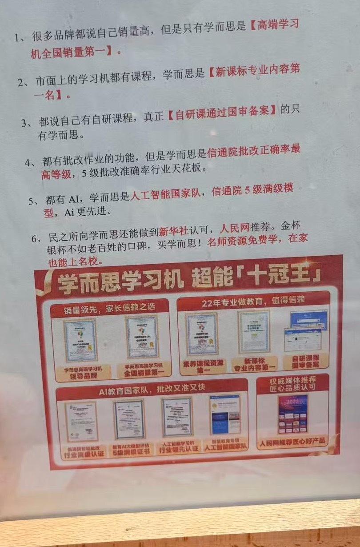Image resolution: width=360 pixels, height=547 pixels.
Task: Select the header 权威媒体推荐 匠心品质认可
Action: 292,384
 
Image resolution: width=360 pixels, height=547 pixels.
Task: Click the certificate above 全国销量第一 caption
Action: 142,337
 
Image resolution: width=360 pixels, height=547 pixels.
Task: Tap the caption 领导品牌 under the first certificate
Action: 80,372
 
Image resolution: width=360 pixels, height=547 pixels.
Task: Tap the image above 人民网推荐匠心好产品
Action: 292,414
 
